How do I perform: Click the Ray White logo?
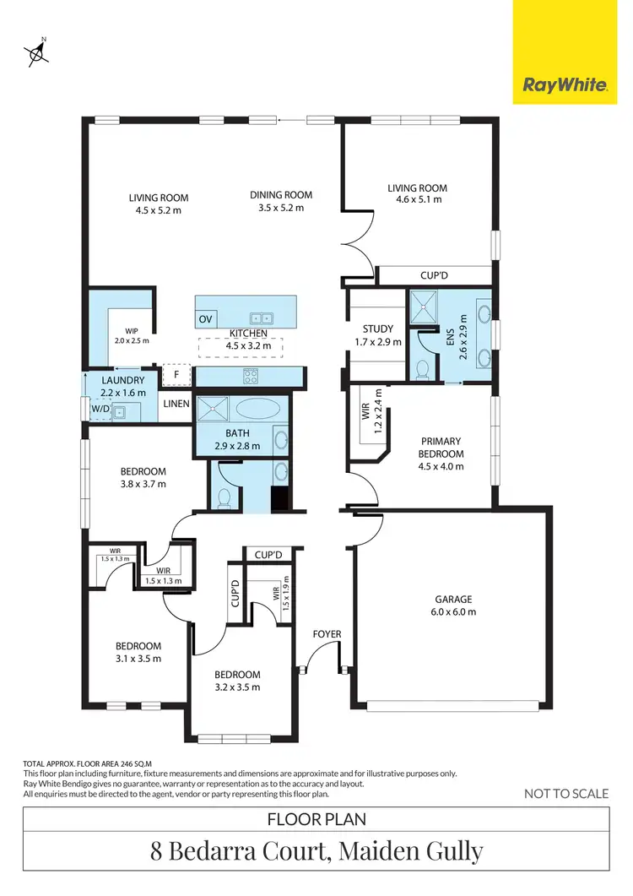pos(565,84)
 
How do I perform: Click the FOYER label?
pos(327,633)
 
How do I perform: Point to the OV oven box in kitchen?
pos(205,319)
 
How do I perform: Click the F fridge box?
pos(176,374)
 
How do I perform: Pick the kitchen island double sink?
pos(266,318)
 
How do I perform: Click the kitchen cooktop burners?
pos(251,376)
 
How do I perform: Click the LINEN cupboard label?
pos(176,404)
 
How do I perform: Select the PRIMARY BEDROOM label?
pos(441,447)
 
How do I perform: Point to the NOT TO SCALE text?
pos(566,793)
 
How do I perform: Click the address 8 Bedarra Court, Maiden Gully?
pos(316,851)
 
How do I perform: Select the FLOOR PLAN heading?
pos(316,818)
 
